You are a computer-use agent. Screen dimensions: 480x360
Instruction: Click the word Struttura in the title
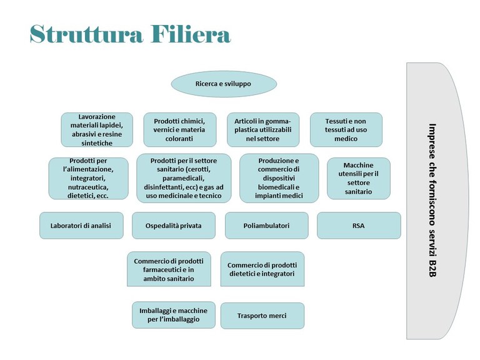(86, 34)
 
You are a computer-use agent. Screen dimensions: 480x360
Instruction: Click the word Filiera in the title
(191, 34)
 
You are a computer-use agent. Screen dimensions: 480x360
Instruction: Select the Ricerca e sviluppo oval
(224, 84)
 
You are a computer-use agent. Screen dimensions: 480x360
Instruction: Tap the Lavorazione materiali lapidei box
(97, 130)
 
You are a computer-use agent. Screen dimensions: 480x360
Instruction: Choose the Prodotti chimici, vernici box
(180, 130)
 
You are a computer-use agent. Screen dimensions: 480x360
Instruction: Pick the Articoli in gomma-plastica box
(263, 130)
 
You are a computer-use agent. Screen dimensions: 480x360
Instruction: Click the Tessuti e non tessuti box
(346, 130)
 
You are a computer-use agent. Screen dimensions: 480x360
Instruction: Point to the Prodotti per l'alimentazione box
(89, 179)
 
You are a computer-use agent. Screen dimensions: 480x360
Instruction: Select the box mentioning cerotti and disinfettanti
(184, 178)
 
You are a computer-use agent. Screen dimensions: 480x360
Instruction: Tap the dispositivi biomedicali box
(279, 178)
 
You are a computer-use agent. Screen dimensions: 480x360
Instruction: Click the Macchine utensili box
(359, 179)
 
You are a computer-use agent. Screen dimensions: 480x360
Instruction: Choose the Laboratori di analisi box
(81, 226)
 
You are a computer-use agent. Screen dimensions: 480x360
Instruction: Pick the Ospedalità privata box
(174, 226)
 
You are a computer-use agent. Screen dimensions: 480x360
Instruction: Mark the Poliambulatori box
(267, 226)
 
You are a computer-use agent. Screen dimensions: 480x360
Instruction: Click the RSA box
(359, 226)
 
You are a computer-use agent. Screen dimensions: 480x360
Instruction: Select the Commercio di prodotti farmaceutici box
(169, 269)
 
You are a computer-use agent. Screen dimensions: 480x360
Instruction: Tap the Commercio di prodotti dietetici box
(262, 269)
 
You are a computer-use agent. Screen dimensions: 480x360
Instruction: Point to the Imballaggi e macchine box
(174, 315)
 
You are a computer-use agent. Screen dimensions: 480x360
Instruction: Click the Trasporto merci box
(262, 316)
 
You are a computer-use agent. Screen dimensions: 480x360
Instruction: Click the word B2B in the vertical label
(432, 268)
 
